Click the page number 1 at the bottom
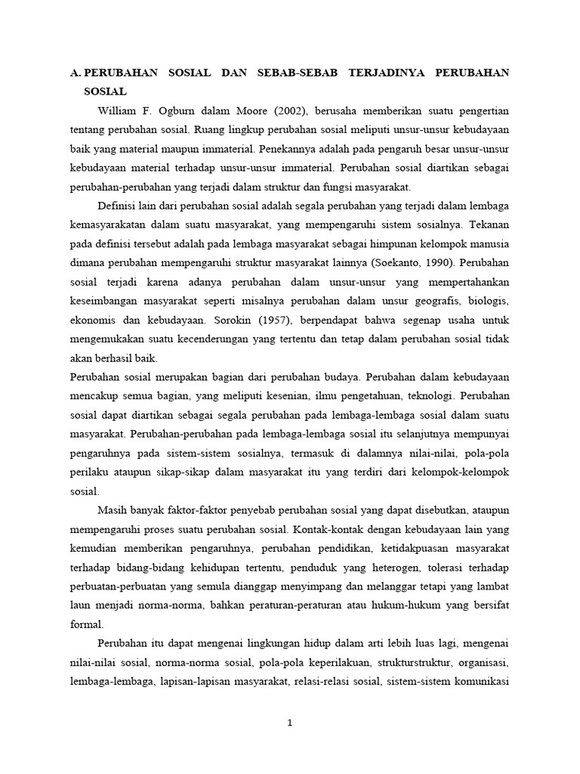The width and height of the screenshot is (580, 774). click(290, 723)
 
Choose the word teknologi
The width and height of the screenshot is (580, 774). click(428, 395)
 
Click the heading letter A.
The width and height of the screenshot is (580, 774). click(75, 73)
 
